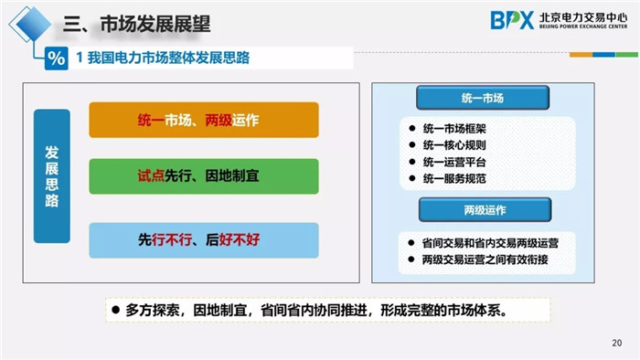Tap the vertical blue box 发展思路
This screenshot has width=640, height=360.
click(52, 175)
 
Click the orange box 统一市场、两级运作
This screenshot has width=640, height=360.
click(203, 120)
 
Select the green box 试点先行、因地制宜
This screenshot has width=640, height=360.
click(203, 175)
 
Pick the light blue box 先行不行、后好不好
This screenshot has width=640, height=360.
click(203, 240)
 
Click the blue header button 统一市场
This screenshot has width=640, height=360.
click(483, 98)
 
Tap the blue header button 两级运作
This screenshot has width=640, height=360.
click(483, 210)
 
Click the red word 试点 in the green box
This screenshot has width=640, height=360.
click(150, 175)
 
